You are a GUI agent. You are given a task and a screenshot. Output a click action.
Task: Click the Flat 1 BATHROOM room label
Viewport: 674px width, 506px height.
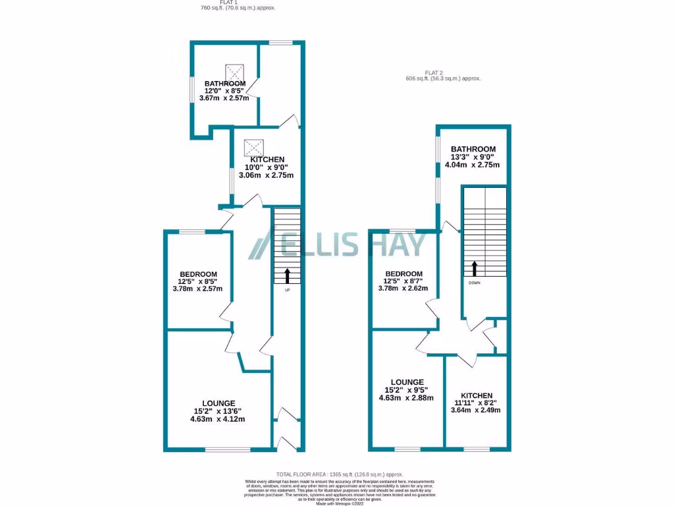coord(225,84)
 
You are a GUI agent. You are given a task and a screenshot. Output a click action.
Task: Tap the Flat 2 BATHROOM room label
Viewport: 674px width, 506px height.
coord(473,150)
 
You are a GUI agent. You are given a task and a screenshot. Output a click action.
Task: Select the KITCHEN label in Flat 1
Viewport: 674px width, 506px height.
coord(267,159)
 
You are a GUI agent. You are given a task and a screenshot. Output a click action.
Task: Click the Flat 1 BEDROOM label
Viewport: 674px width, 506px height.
coord(198,274)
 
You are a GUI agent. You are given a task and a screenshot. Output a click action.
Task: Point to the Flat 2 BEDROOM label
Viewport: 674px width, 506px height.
coord(403,274)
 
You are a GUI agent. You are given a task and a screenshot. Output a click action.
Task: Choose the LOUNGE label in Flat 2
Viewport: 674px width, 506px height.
coord(406,382)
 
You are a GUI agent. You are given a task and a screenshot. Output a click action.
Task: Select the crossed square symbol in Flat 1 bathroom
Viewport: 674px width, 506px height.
coord(234,71)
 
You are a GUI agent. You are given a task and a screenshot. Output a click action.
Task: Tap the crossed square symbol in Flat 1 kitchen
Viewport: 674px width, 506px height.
coord(253,146)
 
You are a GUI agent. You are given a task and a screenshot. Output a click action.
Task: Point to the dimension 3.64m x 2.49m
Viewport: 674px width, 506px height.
coord(475,410)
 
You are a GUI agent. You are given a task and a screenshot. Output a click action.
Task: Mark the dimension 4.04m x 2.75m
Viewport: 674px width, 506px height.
coord(473,164)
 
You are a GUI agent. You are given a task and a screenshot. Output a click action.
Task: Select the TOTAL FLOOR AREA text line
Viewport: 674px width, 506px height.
coord(339,474)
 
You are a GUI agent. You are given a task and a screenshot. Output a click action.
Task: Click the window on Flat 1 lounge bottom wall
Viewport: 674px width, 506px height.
coord(227,450)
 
